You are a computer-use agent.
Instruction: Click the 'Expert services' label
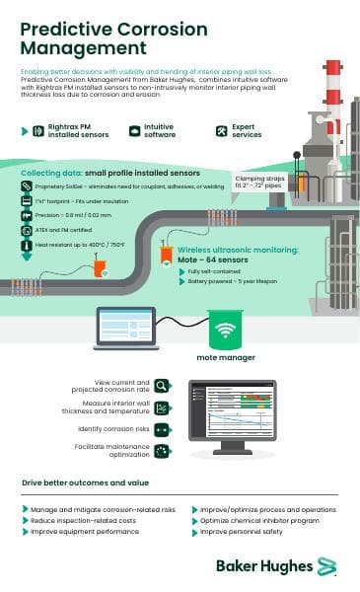pyautogui.click(x=243, y=130)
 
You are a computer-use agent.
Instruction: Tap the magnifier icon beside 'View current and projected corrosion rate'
pyautogui.click(x=163, y=386)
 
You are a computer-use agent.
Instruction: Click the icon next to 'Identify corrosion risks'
pyautogui.click(x=163, y=430)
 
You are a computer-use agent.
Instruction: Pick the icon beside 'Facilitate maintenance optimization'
pyautogui.click(x=163, y=452)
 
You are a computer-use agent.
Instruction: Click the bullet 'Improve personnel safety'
pyautogui.click(x=243, y=531)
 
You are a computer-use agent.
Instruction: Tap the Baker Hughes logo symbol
pyautogui.click(x=326, y=565)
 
